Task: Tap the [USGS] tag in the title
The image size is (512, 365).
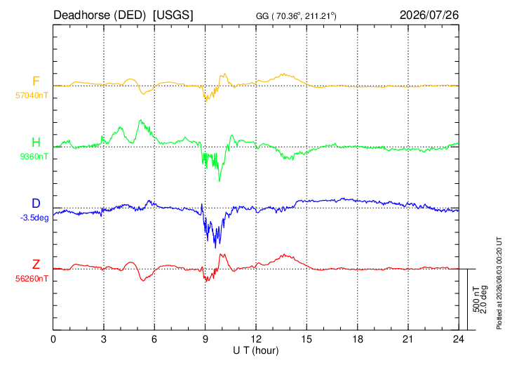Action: (173, 15)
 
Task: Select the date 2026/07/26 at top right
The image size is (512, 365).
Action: (429, 15)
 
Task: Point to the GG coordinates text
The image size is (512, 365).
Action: (296, 16)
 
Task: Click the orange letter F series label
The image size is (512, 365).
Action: (36, 81)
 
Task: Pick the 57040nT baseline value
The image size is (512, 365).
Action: (32, 95)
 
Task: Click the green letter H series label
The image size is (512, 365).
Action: (36, 142)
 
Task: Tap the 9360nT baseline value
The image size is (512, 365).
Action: (34, 157)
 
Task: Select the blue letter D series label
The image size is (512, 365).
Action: (36, 204)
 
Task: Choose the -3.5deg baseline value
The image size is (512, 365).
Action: (34, 218)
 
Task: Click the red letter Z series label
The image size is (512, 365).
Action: (36, 265)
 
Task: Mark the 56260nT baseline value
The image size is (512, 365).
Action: (32, 279)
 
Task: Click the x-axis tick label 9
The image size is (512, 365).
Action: (205, 340)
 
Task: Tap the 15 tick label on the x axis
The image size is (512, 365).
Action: (306, 340)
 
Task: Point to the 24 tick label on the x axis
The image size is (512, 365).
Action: (459, 340)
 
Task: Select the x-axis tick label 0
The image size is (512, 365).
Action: (53, 340)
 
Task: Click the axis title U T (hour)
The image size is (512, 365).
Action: (256, 351)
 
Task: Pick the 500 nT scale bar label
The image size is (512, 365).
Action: (476, 300)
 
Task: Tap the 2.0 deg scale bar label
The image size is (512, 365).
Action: (483, 300)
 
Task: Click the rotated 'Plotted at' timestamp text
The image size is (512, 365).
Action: (499, 284)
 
